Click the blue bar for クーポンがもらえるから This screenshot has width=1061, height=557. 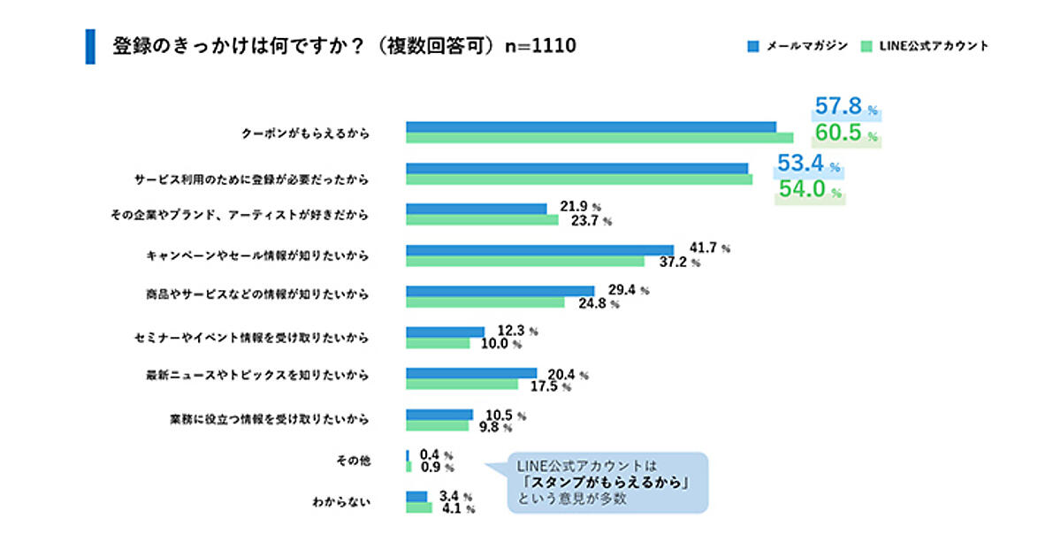591,127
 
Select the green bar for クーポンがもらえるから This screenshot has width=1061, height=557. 599,138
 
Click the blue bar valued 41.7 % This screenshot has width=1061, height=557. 539,250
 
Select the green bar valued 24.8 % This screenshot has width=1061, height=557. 485,302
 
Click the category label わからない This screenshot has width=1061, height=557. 340,502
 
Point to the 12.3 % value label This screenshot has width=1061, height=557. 517,332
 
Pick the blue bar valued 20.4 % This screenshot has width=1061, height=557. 471,373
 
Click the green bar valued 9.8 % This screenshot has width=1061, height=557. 437,425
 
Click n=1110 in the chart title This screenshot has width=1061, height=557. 540,46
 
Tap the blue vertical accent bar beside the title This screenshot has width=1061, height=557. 89,46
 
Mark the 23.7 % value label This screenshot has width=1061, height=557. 592,220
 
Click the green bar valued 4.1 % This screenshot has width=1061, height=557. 419,507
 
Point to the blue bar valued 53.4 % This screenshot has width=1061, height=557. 576,168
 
